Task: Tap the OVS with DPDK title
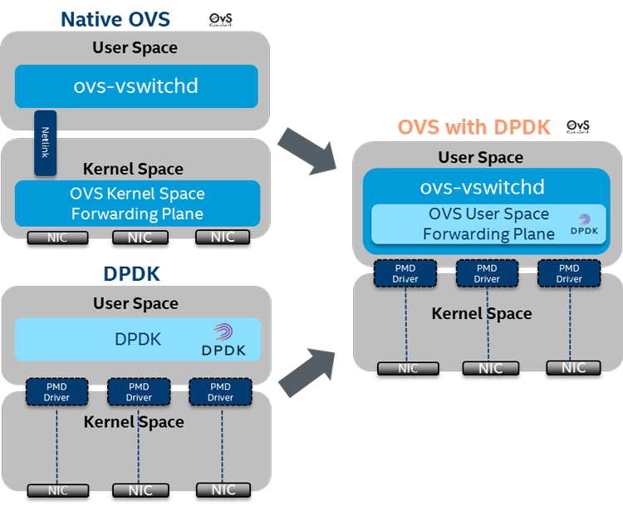point(473,127)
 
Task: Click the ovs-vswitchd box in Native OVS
point(136,86)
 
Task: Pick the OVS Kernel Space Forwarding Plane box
point(137,204)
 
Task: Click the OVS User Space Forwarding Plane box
point(488,224)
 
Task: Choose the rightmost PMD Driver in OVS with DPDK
point(569,274)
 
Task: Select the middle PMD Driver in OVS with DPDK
point(487,274)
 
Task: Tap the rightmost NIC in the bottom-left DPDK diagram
point(223,490)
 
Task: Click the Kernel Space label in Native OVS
point(137,169)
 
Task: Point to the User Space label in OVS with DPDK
point(481,157)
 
